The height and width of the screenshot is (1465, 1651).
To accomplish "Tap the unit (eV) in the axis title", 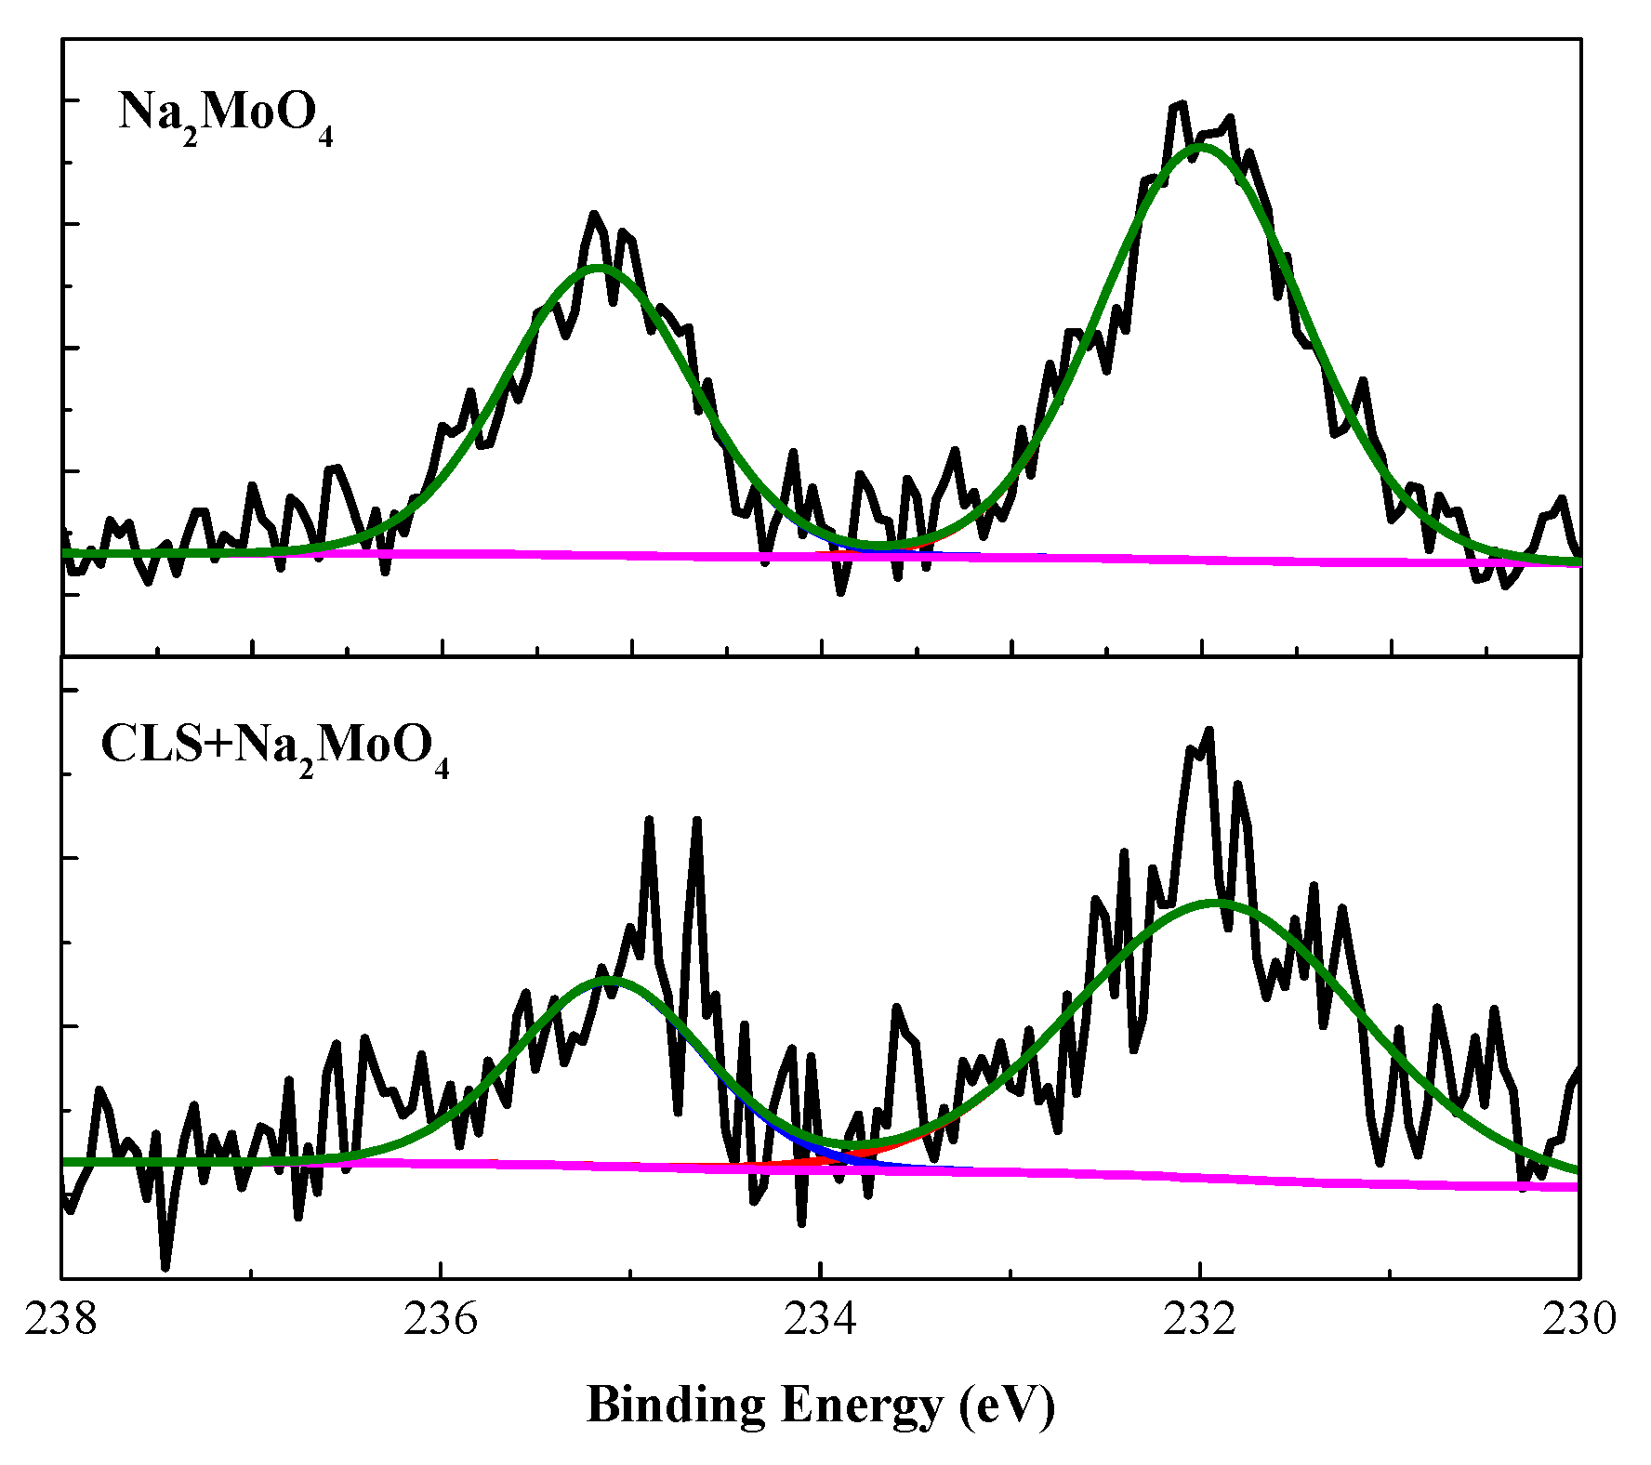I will coord(1008,1406).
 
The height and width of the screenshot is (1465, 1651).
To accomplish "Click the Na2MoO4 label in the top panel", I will coord(226,116).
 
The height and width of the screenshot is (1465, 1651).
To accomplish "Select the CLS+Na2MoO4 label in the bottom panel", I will coord(274,747).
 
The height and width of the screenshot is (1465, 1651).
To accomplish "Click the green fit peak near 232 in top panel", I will coord(1201,146).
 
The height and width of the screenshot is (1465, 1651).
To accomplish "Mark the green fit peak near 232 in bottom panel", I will coord(1216,902).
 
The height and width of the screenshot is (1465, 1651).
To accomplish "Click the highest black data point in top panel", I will coord(1182,104).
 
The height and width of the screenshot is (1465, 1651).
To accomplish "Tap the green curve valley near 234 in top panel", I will coord(883,544).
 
